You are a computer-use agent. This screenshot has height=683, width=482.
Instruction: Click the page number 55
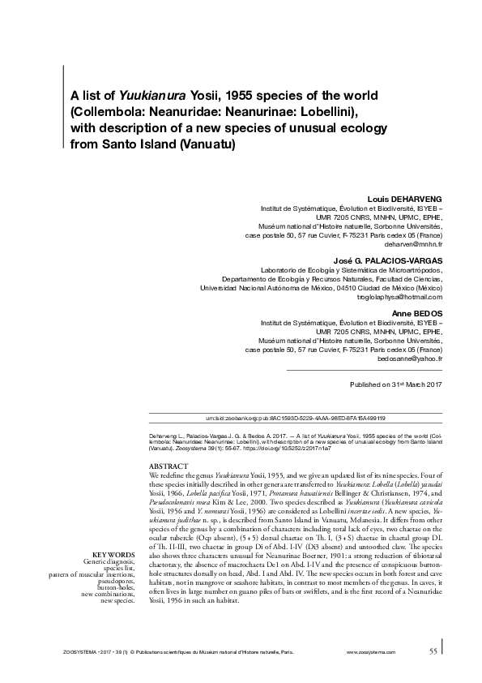433,650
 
